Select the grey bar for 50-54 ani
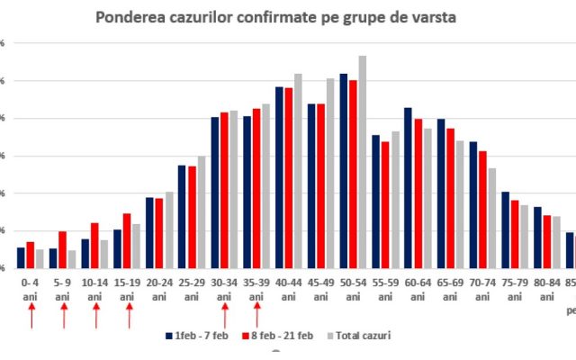point(363,162)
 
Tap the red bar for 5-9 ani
point(62,250)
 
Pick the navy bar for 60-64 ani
point(408,188)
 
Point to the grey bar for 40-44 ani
point(298,171)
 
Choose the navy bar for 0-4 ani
point(21,258)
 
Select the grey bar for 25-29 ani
point(201,212)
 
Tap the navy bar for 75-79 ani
point(505,230)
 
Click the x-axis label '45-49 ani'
point(322,288)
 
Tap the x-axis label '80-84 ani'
point(548,288)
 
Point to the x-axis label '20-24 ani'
point(159,288)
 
